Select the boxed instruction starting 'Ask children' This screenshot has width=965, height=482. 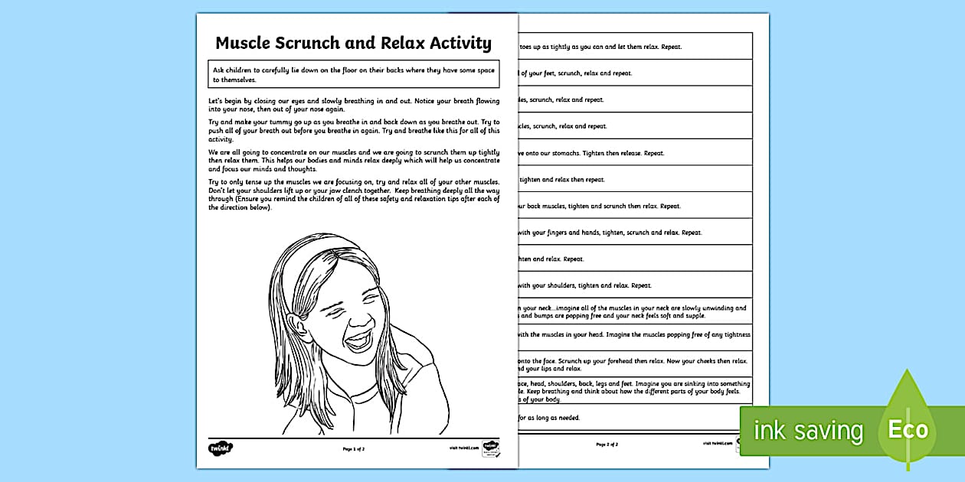click(x=354, y=74)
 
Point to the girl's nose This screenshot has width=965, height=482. click(x=348, y=314)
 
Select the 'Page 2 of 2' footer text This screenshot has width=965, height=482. click(x=607, y=444)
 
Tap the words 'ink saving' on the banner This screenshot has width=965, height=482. click(x=808, y=430)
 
